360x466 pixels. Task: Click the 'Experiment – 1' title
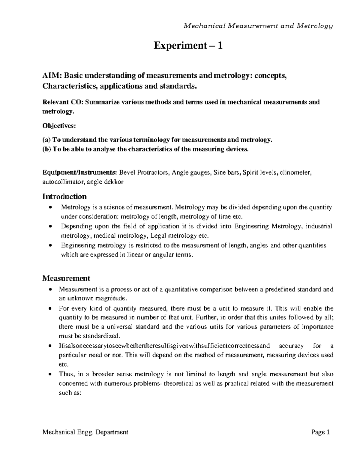(188, 46)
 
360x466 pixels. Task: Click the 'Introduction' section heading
(64, 197)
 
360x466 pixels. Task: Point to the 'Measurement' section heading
(66, 278)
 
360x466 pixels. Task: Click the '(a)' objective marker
(47, 140)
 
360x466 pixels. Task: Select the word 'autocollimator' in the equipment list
(61, 182)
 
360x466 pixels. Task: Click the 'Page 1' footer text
(321, 432)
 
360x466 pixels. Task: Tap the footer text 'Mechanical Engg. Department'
(85, 432)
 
